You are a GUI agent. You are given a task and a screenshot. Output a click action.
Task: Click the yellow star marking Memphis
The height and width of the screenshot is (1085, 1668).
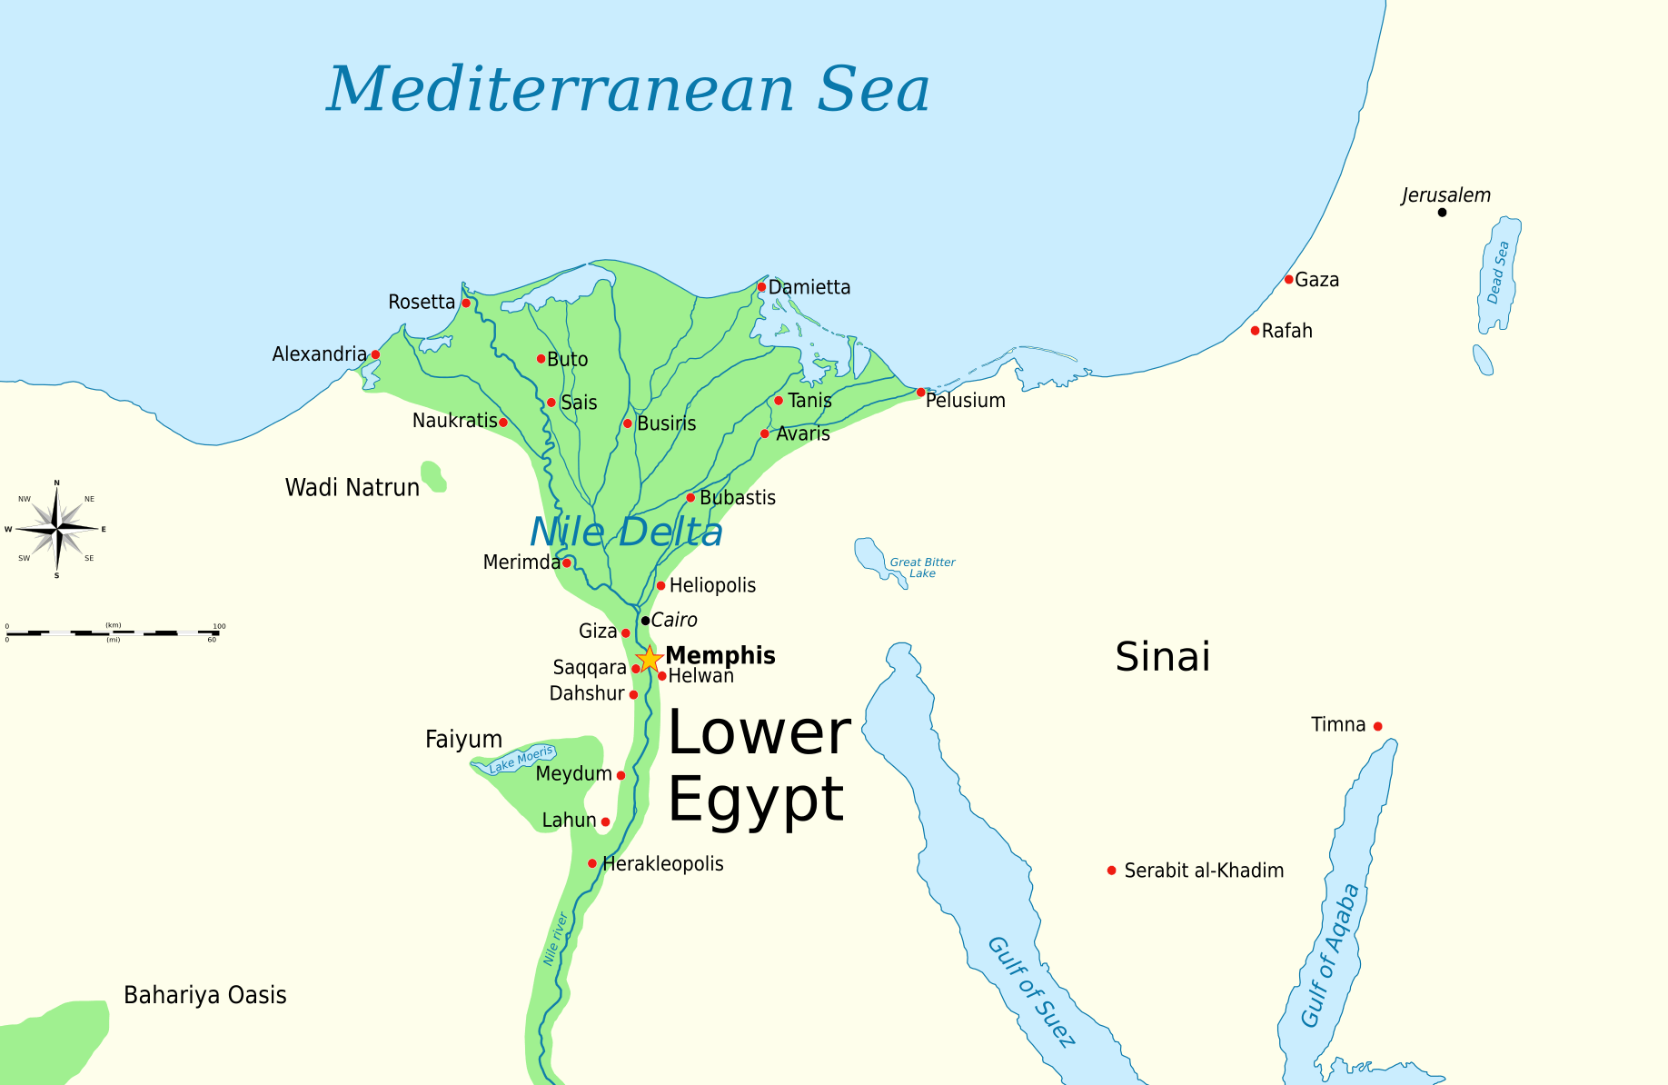click(649, 659)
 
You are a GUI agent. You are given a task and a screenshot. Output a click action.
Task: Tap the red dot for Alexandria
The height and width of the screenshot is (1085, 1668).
click(375, 354)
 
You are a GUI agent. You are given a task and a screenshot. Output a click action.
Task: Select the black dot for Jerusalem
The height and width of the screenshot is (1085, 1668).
click(1442, 213)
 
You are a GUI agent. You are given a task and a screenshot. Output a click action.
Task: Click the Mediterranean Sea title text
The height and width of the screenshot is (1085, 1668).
click(628, 90)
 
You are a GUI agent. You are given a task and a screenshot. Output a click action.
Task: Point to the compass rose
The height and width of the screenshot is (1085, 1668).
click(57, 528)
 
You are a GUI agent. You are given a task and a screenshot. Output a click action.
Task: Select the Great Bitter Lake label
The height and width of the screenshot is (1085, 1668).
click(922, 568)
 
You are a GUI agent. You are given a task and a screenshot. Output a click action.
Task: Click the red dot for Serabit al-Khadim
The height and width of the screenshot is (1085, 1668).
click(1111, 871)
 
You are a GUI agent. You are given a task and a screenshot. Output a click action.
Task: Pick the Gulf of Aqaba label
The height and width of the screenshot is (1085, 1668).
click(1330, 956)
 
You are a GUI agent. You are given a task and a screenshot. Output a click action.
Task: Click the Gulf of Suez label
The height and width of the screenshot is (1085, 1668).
click(1032, 991)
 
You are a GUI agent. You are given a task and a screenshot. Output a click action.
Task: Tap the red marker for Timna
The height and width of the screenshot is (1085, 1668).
click(1377, 726)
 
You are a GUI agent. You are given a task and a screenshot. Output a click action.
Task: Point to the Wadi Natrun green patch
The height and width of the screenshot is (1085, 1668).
click(432, 476)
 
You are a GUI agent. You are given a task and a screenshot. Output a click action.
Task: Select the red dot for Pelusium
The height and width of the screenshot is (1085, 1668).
click(920, 393)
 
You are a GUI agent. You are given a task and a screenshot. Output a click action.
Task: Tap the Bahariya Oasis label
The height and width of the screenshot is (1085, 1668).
click(205, 995)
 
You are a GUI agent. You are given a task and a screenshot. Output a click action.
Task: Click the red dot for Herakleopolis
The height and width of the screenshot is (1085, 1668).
click(592, 863)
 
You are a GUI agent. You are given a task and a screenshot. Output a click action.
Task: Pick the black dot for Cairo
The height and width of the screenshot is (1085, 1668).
click(645, 621)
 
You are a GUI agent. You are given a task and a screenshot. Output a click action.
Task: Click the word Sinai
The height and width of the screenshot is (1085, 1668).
click(1163, 656)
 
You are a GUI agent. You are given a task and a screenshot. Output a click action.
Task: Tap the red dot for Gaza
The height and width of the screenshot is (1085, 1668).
click(1288, 280)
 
